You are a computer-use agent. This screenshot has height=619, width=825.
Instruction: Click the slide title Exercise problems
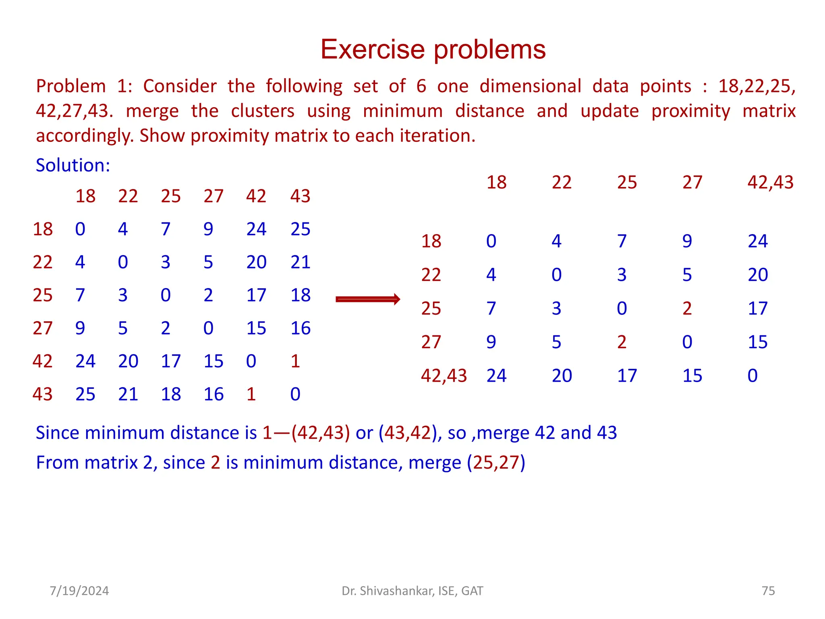click(x=433, y=50)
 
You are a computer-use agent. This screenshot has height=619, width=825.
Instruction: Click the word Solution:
click(x=73, y=165)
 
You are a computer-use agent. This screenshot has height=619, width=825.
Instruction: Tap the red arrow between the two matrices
click(x=368, y=299)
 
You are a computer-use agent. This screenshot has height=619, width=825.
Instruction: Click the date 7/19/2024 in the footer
click(x=79, y=591)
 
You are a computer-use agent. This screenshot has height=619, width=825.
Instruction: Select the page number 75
click(x=768, y=591)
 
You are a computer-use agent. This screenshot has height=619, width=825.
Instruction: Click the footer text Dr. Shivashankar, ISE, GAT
click(x=412, y=591)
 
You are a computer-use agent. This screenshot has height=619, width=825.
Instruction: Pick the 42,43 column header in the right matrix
click(x=770, y=183)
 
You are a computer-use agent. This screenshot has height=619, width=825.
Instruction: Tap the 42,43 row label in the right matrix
click(x=444, y=376)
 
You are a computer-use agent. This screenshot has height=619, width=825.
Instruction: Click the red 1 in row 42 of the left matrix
click(x=295, y=361)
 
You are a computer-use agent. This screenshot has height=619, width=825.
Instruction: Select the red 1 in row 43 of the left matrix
click(x=251, y=394)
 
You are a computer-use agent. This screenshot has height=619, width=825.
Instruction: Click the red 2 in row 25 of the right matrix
click(x=687, y=309)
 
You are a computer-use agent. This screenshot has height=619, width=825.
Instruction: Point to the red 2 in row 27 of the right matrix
click(x=622, y=342)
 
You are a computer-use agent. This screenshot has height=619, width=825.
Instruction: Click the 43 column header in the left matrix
click(x=300, y=196)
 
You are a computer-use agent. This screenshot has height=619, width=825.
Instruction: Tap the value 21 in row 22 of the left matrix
click(x=300, y=262)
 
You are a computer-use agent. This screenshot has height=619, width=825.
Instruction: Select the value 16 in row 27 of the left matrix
click(x=300, y=328)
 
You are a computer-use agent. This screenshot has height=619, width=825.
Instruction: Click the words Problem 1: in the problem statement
click(x=84, y=87)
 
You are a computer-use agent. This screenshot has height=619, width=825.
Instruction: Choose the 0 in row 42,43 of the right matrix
click(x=752, y=376)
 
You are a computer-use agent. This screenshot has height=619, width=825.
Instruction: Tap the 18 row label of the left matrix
click(x=43, y=229)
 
